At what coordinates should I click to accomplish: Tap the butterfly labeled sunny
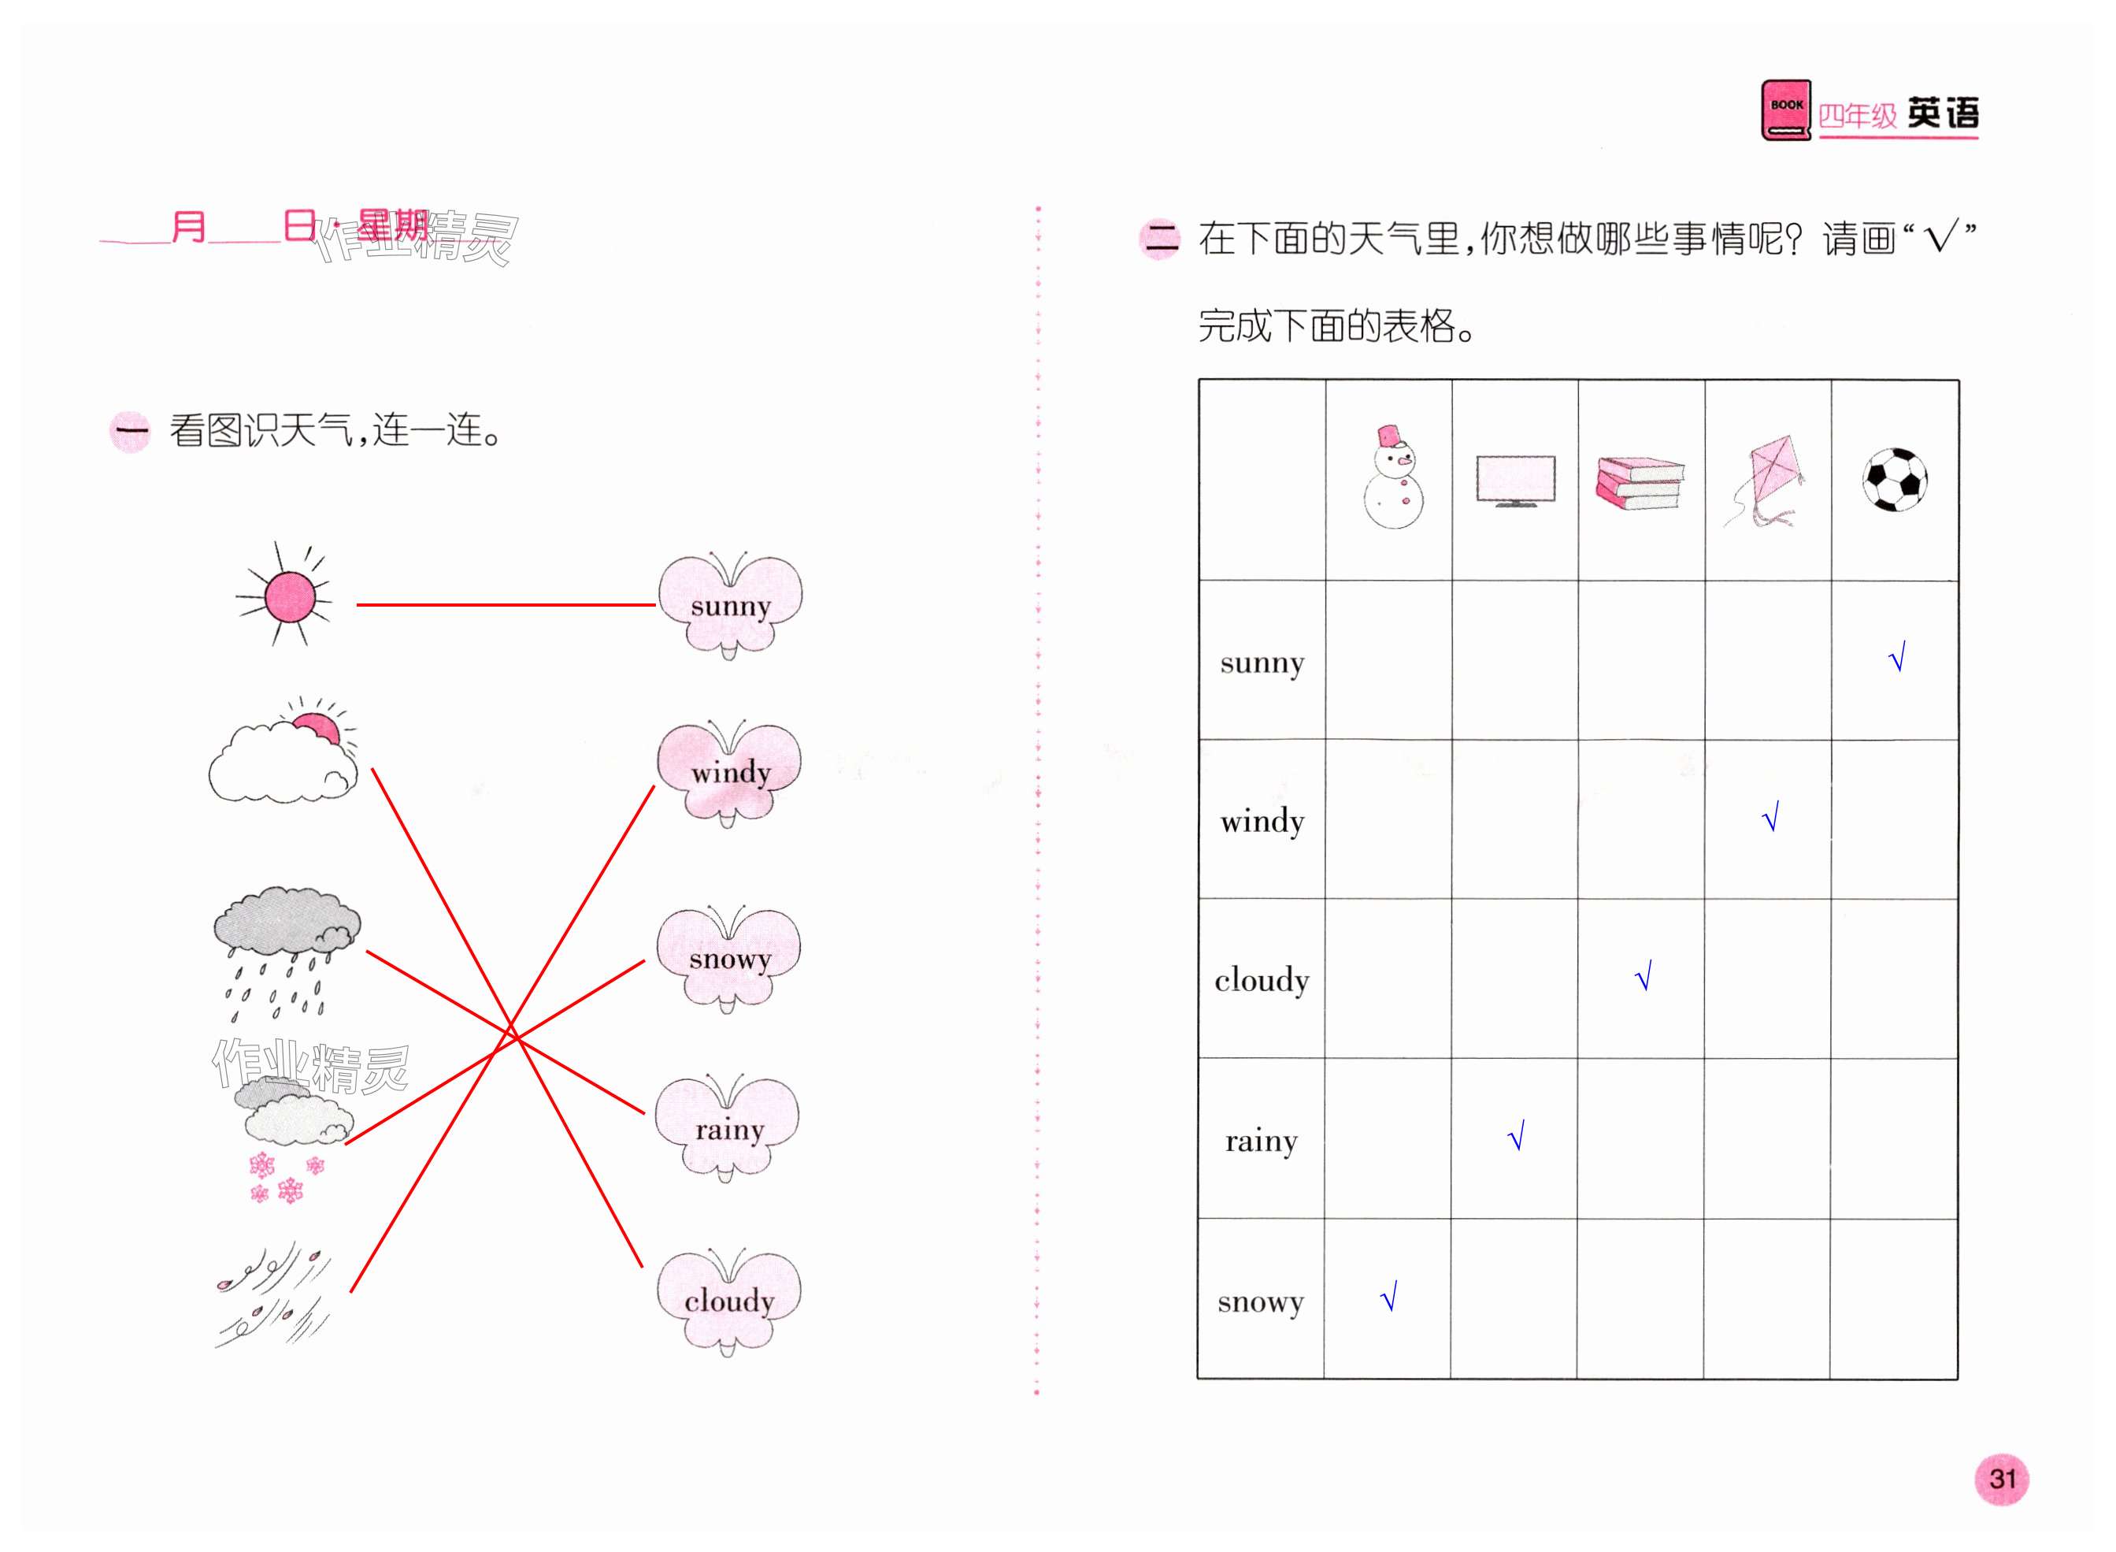tap(730, 604)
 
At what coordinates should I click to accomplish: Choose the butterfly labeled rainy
tap(728, 1127)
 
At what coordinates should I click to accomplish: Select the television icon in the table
tap(1514, 480)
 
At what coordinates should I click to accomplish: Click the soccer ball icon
tap(1895, 479)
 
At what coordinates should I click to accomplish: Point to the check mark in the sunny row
tap(1896, 657)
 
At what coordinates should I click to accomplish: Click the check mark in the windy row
tap(1770, 816)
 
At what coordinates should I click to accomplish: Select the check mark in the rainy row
tap(1516, 1136)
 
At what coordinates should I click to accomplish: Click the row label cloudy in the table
tap(1261, 980)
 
